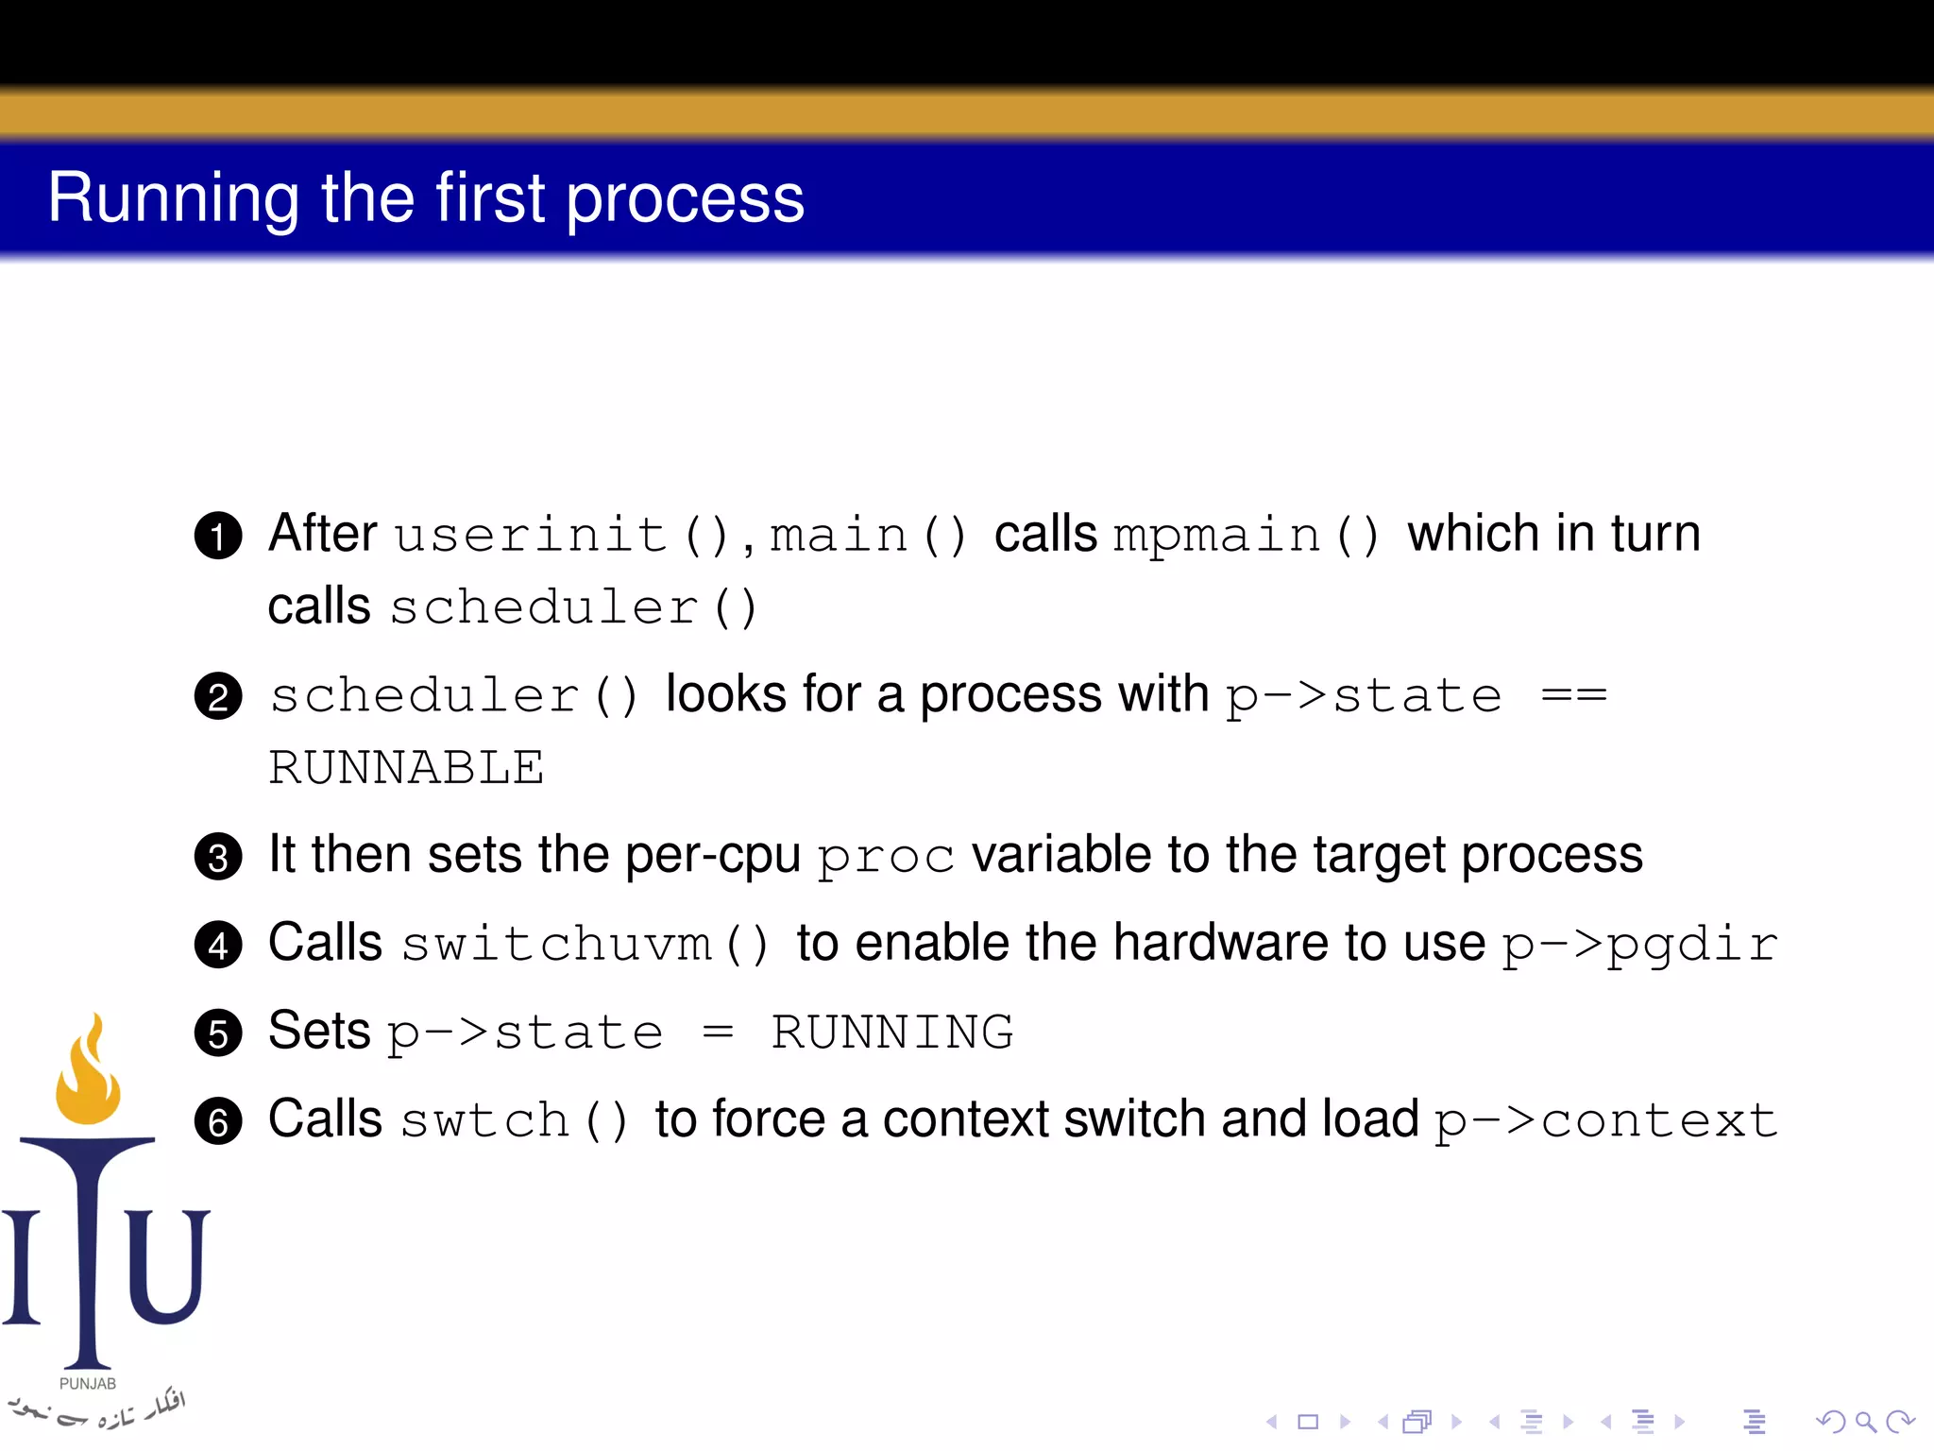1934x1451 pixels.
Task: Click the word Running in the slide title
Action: (x=174, y=198)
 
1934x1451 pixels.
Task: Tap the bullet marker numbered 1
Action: (x=218, y=536)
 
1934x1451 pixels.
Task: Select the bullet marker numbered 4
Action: (x=218, y=945)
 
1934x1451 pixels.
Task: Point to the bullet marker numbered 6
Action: (x=218, y=1121)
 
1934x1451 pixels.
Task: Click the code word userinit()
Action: (x=563, y=536)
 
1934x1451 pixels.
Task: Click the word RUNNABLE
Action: (x=406, y=767)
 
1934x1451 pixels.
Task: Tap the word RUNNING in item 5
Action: (x=892, y=1032)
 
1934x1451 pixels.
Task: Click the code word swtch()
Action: (x=514, y=1121)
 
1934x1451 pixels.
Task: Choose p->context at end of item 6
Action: (x=1605, y=1121)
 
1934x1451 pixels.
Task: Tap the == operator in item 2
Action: (x=1573, y=696)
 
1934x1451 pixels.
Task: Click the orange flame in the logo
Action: (x=88, y=1077)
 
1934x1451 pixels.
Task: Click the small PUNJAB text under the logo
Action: (x=88, y=1383)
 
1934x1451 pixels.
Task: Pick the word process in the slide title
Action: (x=685, y=200)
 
